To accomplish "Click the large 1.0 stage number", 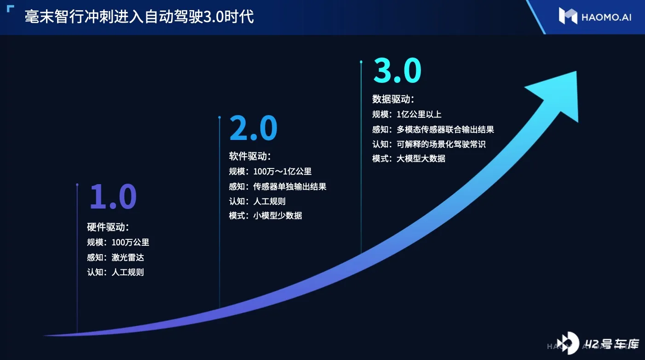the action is (113, 197).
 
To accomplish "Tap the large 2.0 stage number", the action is (253, 128).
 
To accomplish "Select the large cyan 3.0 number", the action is (397, 70).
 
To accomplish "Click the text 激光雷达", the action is (127, 257).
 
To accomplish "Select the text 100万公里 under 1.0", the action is (130, 242).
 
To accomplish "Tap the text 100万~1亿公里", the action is (282, 172).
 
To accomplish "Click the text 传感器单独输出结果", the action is (290, 186).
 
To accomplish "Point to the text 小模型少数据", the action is (277, 215).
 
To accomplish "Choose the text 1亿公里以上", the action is (419, 115).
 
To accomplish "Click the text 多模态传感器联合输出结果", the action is (445, 129).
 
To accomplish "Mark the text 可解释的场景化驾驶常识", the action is (441, 144).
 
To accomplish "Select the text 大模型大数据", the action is (420, 158).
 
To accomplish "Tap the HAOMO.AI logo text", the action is (606, 17).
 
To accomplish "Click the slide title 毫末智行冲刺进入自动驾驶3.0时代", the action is (139, 17).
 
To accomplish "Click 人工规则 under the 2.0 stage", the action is (269, 201).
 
